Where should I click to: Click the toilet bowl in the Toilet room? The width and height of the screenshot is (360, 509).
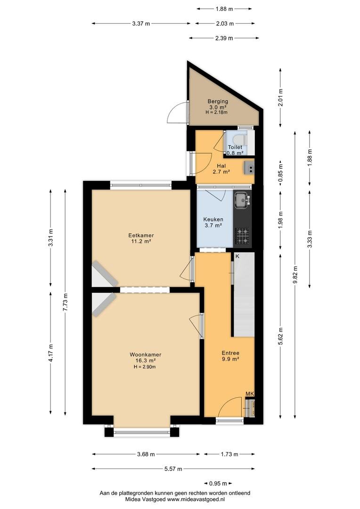click(x=240, y=140)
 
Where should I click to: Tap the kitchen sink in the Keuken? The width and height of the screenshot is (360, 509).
click(x=242, y=200)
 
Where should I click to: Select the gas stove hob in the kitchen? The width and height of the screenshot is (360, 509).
click(x=243, y=236)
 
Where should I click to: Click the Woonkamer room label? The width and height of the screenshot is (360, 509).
click(x=146, y=354)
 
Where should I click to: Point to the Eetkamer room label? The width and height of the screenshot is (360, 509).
click(x=141, y=235)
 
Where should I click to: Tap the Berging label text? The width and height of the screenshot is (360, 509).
click(x=218, y=101)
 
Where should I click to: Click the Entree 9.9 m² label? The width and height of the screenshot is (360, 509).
click(x=230, y=356)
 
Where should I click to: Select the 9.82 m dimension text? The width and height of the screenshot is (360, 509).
click(x=295, y=275)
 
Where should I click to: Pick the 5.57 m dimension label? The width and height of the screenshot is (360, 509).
click(x=173, y=469)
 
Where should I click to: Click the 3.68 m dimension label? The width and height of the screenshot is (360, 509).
click(x=146, y=454)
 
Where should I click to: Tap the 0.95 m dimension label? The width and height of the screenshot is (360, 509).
click(x=218, y=484)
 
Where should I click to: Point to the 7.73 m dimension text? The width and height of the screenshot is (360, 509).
click(x=65, y=302)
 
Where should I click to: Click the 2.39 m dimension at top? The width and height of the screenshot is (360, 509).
click(x=224, y=38)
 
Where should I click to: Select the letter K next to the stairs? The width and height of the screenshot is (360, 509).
click(x=237, y=256)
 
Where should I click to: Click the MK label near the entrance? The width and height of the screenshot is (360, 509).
click(x=249, y=394)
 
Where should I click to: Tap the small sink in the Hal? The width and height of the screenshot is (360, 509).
click(x=250, y=167)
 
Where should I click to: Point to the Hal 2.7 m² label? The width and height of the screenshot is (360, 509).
click(x=221, y=169)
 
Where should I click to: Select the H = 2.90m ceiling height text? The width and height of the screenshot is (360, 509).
click(x=145, y=367)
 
